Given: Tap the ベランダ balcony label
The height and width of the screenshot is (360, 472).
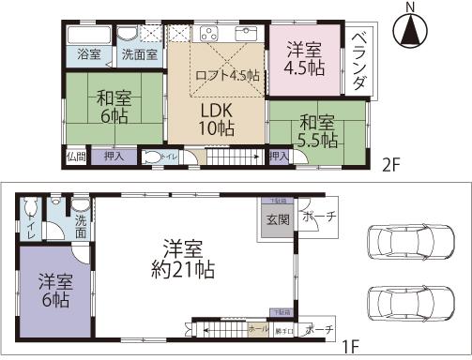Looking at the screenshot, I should [359, 60].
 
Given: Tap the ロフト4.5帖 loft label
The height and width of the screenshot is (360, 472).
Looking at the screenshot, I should [226, 76].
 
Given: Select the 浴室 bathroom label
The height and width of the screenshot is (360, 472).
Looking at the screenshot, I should [88, 54].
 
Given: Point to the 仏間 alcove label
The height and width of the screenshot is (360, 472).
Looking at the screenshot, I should [76, 157].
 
